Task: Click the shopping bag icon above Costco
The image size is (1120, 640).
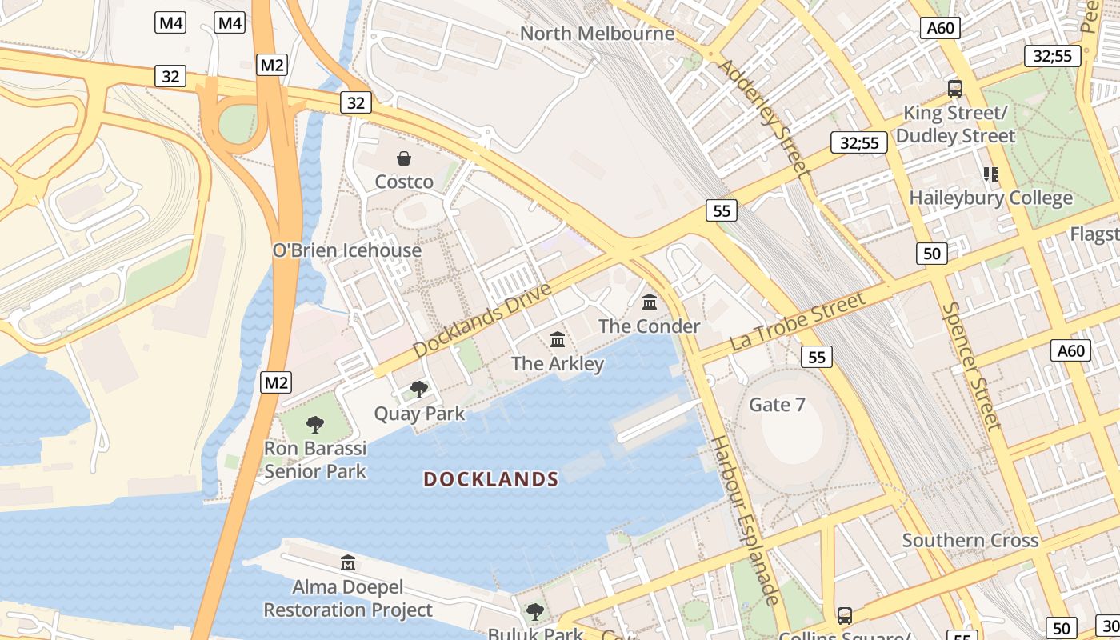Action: (x=404, y=158)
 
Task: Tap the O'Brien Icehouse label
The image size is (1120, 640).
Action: (x=346, y=250)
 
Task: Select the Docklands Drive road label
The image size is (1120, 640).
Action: (x=482, y=320)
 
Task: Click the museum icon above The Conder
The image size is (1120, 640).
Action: (x=650, y=302)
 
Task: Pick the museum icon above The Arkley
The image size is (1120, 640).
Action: (x=558, y=340)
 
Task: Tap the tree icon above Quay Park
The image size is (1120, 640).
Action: (x=418, y=390)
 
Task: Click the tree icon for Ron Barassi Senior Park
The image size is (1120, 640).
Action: (x=315, y=425)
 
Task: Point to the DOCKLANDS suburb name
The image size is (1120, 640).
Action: (x=490, y=479)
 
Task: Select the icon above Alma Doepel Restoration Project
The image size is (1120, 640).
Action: (x=348, y=563)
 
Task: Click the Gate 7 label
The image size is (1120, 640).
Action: (x=777, y=405)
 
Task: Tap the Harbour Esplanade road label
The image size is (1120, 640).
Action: (x=745, y=520)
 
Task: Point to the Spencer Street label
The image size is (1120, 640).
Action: (x=971, y=366)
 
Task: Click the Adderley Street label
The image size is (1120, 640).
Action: (x=764, y=116)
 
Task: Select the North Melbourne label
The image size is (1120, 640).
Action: (x=597, y=34)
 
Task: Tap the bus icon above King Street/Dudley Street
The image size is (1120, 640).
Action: (x=954, y=89)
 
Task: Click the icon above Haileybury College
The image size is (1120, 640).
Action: (x=991, y=174)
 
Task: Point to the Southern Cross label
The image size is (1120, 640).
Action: (x=970, y=540)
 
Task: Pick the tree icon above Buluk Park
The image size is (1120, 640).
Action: (x=535, y=612)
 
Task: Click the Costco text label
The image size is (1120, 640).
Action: (x=404, y=182)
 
